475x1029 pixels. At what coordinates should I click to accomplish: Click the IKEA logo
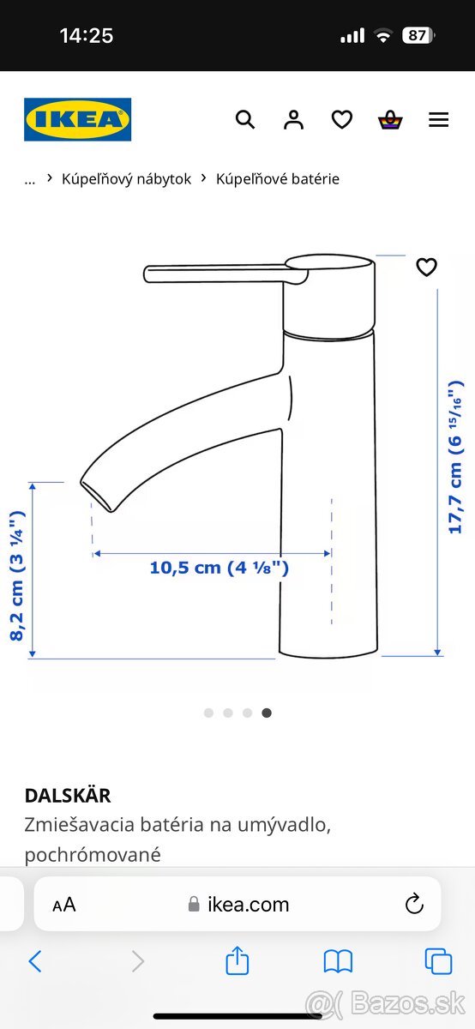pyautogui.click(x=77, y=119)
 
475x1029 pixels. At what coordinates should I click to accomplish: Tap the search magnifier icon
pyautogui.click(x=245, y=120)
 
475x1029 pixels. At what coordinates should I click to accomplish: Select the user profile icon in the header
pyautogui.click(x=293, y=120)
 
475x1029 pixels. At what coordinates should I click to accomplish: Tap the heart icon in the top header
pyautogui.click(x=342, y=120)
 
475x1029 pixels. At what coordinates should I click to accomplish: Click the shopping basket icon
pyautogui.click(x=390, y=120)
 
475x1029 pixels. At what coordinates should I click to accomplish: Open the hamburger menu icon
pyautogui.click(x=438, y=120)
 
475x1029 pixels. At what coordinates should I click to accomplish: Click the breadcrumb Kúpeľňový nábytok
pyautogui.click(x=126, y=178)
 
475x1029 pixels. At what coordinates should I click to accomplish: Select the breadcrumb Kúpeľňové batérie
pyautogui.click(x=277, y=178)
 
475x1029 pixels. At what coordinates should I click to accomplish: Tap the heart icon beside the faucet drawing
pyautogui.click(x=426, y=268)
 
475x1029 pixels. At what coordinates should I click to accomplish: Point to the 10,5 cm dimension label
pyautogui.click(x=219, y=568)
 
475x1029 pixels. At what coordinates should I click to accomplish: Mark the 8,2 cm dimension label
pyautogui.click(x=17, y=575)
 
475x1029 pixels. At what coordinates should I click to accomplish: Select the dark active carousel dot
pyautogui.click(x=267, y=713)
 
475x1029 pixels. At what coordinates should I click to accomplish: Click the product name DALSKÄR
pyautogui.click(x=68, y=795)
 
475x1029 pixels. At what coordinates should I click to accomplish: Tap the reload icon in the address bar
pyautogui.click(x=414, y=904)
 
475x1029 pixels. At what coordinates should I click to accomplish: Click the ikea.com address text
pyautogui.click(x=248, y=904)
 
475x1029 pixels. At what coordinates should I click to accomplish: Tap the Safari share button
pyautogui.click(x=237, y=961)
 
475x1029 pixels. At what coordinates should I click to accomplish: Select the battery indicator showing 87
pyautogui.click(x=418, y=35)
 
